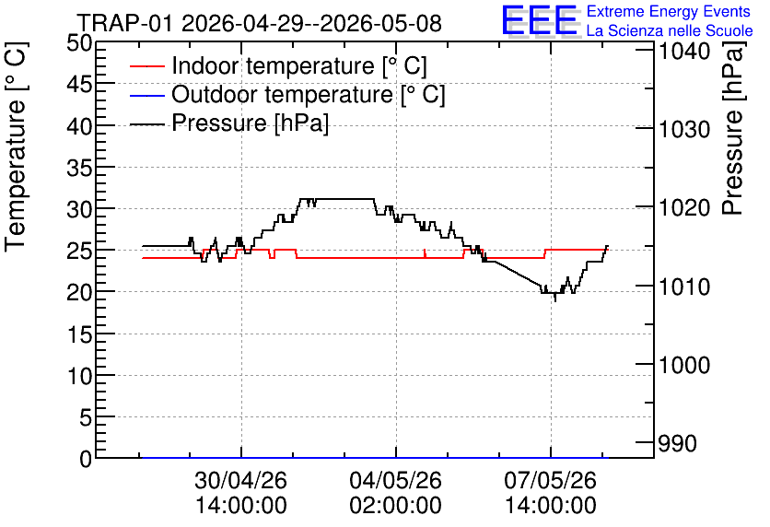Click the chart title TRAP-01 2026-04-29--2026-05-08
(x=260, y=23)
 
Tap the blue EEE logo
(x=540, y=20)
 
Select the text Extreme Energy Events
(x=669, y=11)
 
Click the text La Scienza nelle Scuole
(x=670, y=30)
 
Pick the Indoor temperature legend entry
(x=278, y=65)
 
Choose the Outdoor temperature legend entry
(x=287, y=94)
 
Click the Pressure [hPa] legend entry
(x=229, y=123)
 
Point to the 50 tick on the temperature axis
(x=79, y=43)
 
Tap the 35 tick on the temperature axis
(x=79, y=168)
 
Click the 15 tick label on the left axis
(x=79, y=334)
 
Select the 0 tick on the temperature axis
(x=86, y=459)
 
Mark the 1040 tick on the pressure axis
(x=684, y=51)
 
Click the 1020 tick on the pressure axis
(x=684, y=207)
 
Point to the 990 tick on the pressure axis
(x=677, y=443)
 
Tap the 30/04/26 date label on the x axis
(x=240, y=480)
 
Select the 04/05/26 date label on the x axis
(x=395, y=480)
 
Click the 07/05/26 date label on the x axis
(x=551, y=480)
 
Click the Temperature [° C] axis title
(x=16, y=147)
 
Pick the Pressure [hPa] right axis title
(x=733, y=128)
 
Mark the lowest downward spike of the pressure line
(x=555, y=300)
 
